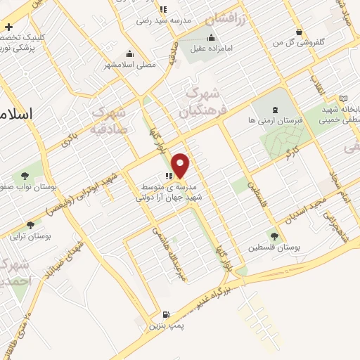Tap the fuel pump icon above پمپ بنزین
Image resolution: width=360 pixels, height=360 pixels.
(x=165, y=314)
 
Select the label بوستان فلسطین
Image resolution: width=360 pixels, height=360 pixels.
(x=274, y=249)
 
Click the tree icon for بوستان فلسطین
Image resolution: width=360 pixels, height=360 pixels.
(x=274, y=237)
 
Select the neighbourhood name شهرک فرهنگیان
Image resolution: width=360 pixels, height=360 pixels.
(x=200, y=102)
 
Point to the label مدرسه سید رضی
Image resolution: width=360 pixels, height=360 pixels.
(x=167, y=21)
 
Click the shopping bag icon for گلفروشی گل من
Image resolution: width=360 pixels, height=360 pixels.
(x=300, y=32)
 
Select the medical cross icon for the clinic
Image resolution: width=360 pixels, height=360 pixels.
(x=8, y=26)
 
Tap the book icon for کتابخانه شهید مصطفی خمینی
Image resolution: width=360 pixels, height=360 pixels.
(x=344, y=98)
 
